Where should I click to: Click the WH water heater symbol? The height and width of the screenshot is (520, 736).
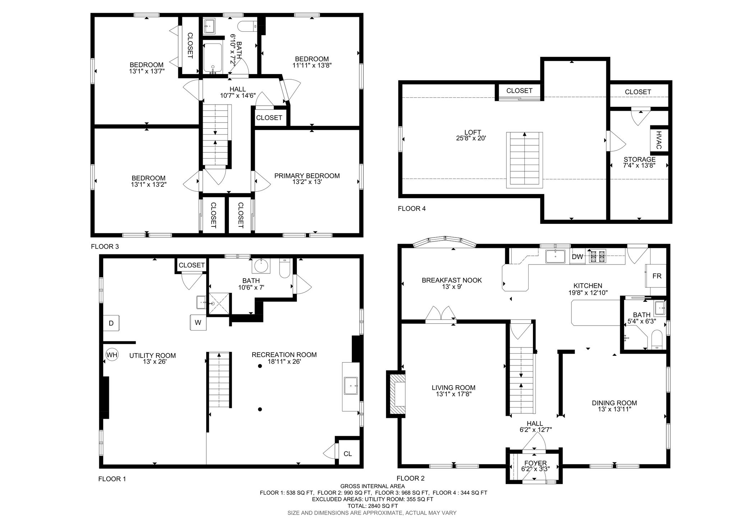[x=112, y=355]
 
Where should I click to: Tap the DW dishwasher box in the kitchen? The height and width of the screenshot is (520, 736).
[x=577, y=257]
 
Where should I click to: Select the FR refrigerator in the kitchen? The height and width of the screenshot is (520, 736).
[x=656, y=276]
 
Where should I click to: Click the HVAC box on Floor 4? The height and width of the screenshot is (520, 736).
[x=659, y=141]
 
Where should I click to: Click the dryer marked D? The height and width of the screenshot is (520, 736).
[x=111, y=323]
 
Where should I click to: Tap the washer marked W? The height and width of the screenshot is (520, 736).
[x=198, y=322]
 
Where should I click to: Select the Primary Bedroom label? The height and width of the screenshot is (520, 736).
[x=307, y=176]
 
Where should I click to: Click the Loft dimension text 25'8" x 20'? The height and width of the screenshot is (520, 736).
[x=472, y=138]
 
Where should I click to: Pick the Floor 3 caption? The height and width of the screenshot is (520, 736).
[x=105, y=247]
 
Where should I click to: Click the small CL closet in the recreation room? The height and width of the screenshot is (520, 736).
[x=348, y=454]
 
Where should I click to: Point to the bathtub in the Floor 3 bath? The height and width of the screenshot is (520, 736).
[x=213, y=58]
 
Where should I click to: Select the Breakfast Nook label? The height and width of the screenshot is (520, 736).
[x=452, y=280]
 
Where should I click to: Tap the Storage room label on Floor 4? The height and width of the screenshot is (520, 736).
[x=639, y=159]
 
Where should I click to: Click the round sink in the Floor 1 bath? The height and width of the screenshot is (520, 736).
[x=261, y=266]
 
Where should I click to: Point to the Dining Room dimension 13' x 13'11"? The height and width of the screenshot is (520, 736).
[x=614, y=409]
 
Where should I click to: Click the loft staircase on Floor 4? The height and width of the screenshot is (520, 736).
[x=524, y=160]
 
